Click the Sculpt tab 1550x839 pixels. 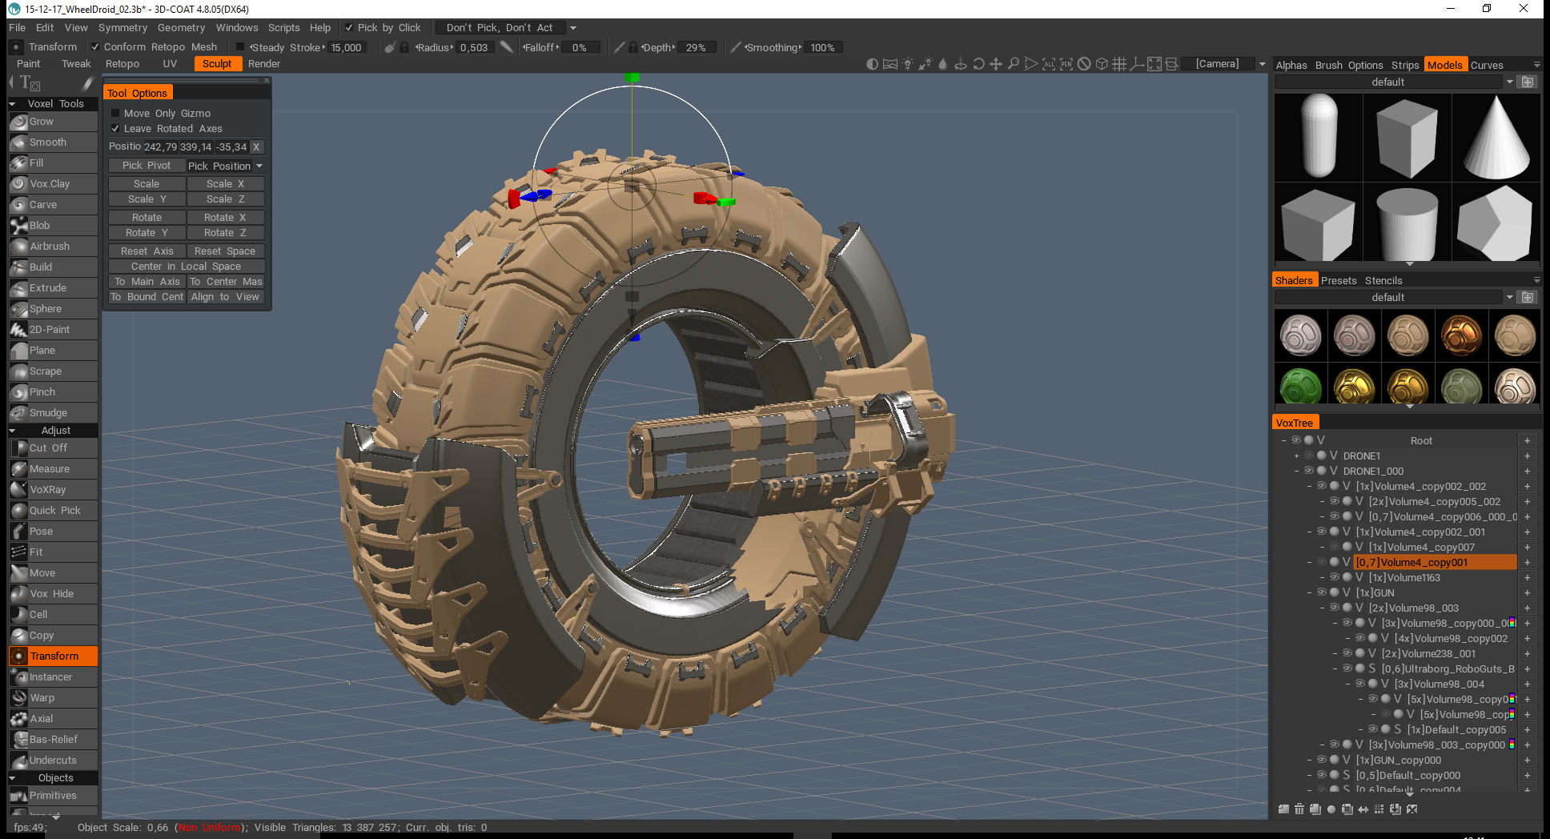[216, 64]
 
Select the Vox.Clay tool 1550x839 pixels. [50, 184]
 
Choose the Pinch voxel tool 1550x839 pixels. [42, 392]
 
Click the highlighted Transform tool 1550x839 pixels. [54, 656]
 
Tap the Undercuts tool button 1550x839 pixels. [53, 761]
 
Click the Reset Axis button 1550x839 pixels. [147, 251]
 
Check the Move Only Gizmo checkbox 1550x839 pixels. [115, 114]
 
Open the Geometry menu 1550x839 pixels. [181, 28]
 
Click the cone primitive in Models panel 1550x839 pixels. [1496, 137]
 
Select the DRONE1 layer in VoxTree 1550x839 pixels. [1361, 456]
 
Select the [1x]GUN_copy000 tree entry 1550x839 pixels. [1398, 761]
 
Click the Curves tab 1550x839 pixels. [1487, 66]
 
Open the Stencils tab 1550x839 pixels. [1383, 281]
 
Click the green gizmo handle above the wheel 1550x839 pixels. [632, 78]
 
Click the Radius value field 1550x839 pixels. [474, 48]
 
